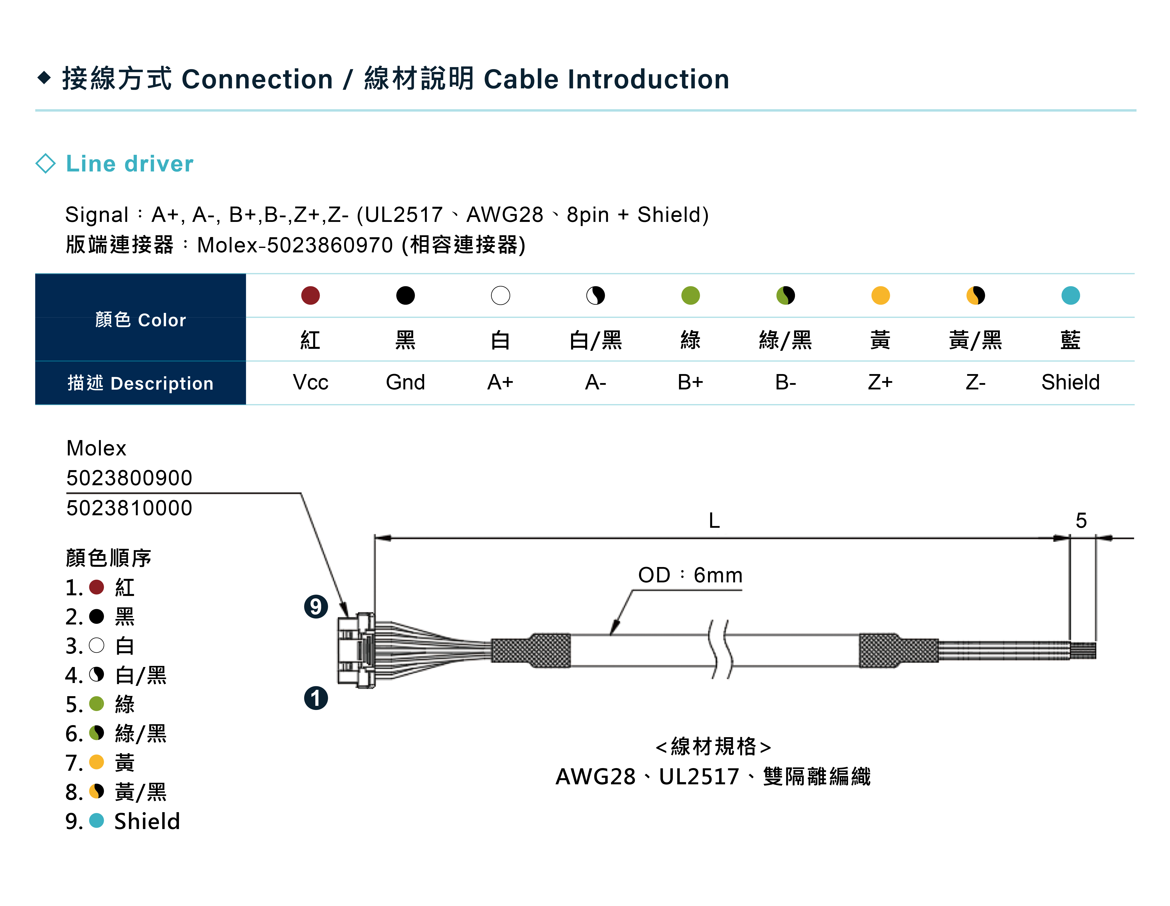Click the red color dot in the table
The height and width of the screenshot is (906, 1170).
pos(310,295)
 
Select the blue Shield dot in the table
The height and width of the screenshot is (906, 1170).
pos(1070,295)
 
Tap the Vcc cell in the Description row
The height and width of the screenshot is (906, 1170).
pos(310,382)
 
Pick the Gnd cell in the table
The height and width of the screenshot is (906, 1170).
pos(405,382)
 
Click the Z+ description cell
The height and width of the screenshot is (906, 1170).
pos(880,382)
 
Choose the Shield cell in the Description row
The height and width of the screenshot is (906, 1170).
pos(1070,382)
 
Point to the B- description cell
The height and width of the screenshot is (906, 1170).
pos(785,382)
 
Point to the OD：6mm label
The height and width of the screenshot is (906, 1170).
pos(690,575)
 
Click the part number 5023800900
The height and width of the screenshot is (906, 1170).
pos(129,478)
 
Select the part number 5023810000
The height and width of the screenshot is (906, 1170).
pos(129,508)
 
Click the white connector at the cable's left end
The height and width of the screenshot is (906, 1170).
pos(356,650)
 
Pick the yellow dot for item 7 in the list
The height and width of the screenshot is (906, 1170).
pos(96,762)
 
